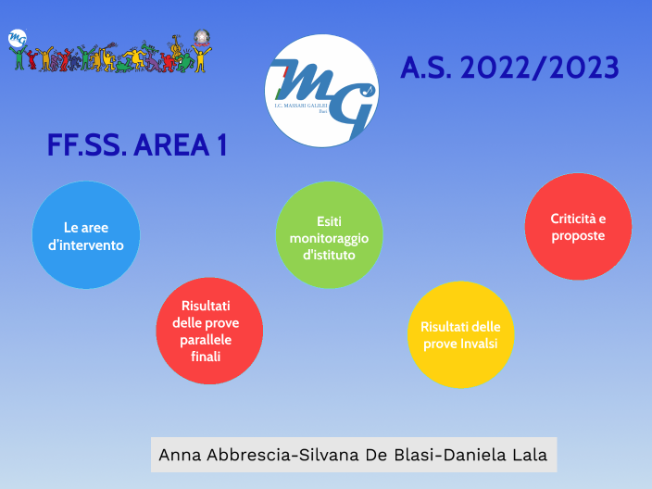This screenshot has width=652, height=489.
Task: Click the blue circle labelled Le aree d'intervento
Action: coord(86,234)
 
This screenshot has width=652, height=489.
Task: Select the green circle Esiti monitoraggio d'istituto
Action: coord(329,234)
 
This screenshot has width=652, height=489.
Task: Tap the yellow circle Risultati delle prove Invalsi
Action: coord(460,334)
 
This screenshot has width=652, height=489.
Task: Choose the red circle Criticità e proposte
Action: coord(578,226)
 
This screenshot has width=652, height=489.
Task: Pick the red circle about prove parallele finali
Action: coord(208,331)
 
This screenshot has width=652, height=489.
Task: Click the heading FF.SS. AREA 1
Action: coord(137,145)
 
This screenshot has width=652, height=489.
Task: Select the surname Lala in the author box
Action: coord(529,455)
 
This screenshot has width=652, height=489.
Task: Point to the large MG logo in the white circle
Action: coord(320,90)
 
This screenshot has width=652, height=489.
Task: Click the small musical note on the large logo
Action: coord(368,90)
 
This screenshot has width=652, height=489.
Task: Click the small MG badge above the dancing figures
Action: coord(17,38)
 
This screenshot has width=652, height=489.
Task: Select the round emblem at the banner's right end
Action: coord(201,38)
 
